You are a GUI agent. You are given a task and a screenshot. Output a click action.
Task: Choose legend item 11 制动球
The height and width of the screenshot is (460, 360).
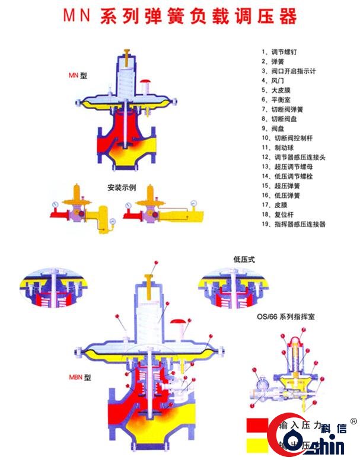pos(281,148)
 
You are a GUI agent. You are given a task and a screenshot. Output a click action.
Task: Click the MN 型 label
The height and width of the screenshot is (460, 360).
pos(77,75)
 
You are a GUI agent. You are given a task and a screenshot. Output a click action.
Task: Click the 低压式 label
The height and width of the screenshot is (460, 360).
pos(244,259)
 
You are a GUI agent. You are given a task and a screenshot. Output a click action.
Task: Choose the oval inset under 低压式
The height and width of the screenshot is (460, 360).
pos(228,289)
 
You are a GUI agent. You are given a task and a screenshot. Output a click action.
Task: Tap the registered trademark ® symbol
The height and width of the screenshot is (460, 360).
pos(353,421)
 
